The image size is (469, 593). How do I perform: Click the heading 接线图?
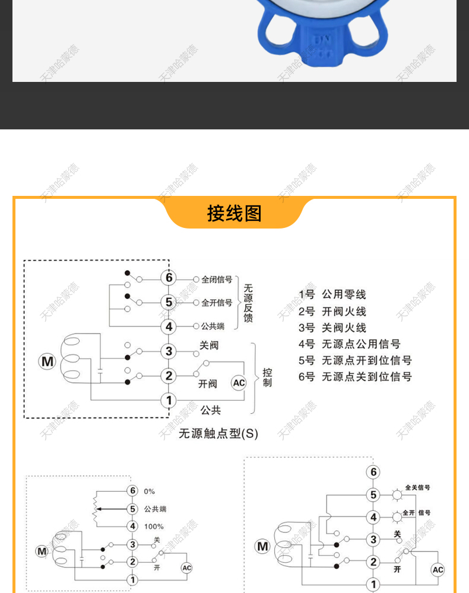point(234,213)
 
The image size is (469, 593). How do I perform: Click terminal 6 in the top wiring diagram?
point(169,278)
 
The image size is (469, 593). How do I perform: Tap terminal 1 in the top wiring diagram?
point(169,400)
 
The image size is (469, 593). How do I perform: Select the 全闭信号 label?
point(217,279)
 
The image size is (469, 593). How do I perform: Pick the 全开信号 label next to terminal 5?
point(217,303)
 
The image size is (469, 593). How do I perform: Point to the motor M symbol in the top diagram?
point(47,361)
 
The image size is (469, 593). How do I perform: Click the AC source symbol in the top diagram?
point(239,383)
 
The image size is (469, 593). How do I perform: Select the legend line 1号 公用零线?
point(332,294)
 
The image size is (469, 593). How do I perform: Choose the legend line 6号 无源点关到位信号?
point(355,376)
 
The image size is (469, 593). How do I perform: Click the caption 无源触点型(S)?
point(218,433)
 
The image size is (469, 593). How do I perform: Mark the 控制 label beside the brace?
point(267,378)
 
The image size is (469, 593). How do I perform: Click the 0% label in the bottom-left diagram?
point(149,491)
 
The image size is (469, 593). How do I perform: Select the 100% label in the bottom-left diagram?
point(154,527)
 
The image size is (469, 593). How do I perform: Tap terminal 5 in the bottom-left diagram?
point(132,509)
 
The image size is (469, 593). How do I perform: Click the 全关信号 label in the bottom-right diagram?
point(418,487)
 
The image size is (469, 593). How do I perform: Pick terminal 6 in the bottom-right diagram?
point(373,472)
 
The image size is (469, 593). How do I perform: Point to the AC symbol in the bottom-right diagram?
point(438,570)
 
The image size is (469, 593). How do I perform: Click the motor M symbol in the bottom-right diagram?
point(262,547)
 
